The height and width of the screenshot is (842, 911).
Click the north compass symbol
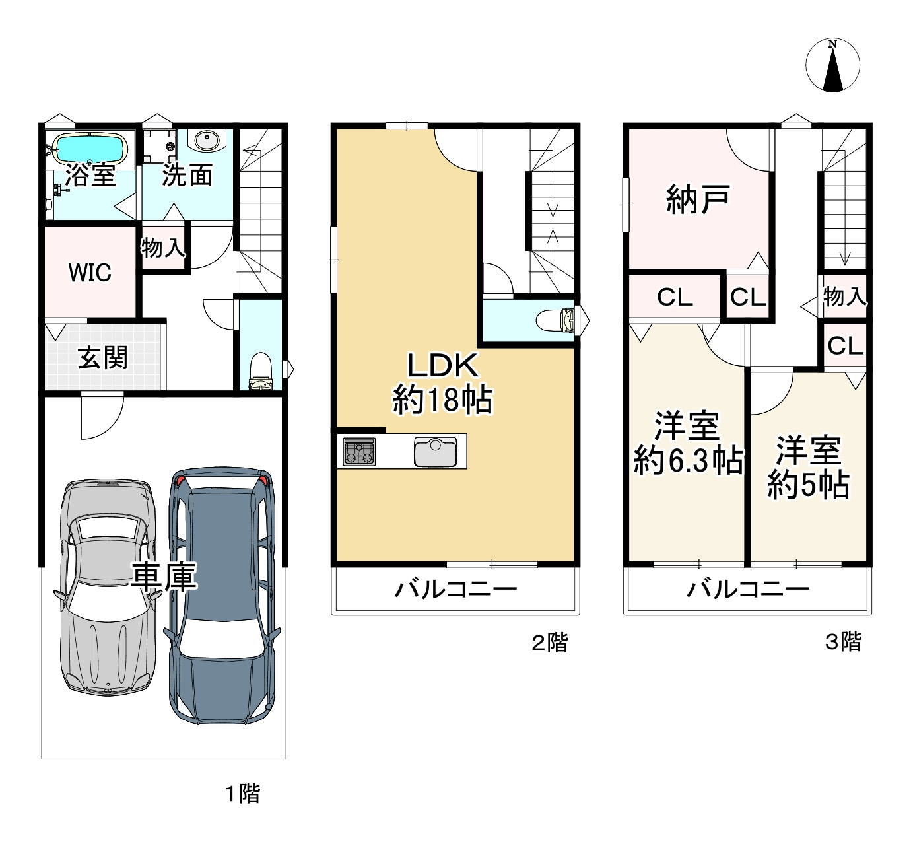832,65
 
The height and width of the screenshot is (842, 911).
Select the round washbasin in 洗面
207,140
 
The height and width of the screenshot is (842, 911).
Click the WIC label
90,273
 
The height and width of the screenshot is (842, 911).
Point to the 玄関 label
102,358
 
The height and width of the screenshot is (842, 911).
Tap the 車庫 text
163,577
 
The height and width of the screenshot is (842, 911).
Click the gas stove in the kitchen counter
358,452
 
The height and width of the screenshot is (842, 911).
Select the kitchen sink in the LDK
435,452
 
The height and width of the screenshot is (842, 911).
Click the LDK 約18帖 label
442,383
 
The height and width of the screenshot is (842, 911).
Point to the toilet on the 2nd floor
557,320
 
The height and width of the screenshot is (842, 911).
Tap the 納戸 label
698,199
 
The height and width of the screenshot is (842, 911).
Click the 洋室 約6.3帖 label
687,443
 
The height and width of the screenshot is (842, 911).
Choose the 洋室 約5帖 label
808,468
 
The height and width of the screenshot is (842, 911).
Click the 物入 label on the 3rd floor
844,297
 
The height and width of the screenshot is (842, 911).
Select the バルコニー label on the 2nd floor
455,588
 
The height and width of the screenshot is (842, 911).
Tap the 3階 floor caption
843,641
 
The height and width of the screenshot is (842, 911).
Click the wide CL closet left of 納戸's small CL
674,297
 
